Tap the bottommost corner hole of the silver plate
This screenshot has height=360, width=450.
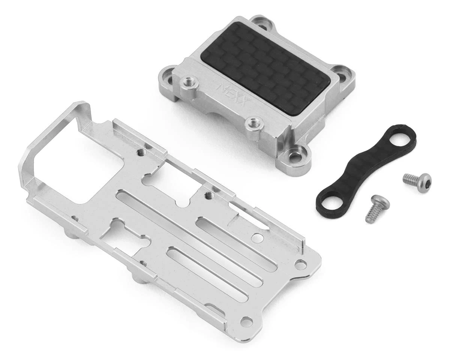[x=246, y=321]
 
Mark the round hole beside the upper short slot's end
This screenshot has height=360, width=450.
[x=257, y=237]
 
